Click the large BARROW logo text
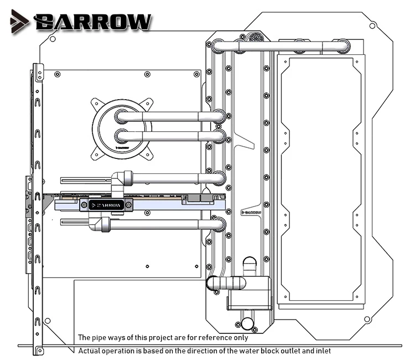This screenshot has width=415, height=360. point(92,22)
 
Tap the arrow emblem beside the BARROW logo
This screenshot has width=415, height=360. point(19,22)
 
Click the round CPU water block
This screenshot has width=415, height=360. point(122,129)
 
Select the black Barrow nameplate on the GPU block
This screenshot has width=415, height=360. point(106,205)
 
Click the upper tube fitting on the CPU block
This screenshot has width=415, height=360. point(122,116)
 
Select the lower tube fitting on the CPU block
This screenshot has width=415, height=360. point(122,136)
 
